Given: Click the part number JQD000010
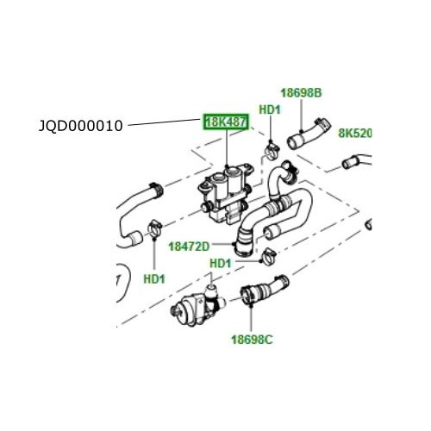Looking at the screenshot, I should [x=82, y=126].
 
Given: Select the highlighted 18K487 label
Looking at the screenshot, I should [x=226, y=123].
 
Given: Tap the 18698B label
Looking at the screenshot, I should [x=302, y=92].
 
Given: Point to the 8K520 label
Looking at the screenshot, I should [x=354, y=134].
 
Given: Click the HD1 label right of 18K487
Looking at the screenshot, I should [x=270, y=109].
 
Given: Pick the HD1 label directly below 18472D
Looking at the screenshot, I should [x=221, y=262].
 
